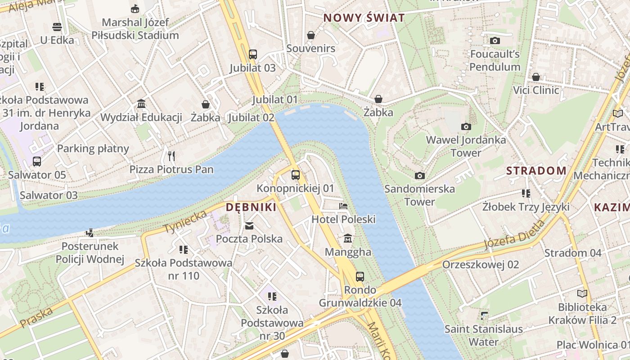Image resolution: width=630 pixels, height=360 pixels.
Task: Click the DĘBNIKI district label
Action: click(251, 207)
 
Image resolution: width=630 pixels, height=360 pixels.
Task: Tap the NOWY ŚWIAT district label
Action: click(364, 18)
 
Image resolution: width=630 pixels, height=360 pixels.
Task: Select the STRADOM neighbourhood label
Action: click(536, 171)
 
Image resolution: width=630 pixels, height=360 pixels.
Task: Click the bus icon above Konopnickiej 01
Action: click(295, 175)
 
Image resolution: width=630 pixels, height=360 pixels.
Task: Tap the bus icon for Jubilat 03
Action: click(252, 54)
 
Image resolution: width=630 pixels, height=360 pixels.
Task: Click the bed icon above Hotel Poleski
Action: click(343, 206)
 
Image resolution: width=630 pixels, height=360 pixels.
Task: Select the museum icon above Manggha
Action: click(347, 238)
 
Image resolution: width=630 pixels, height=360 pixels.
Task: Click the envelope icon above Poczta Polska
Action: click(249, 225)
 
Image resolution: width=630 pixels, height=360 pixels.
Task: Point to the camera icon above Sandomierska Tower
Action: click(419, 175)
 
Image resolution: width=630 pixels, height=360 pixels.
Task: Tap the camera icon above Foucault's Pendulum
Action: click(495, 41)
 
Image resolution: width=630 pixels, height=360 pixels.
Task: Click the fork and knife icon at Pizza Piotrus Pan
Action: click(171, 156)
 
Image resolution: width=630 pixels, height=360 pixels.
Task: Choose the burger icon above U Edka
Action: click(57, 27)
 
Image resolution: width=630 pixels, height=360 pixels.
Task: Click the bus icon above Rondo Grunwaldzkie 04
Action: click(360, 276)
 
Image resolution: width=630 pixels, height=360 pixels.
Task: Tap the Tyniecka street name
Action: click(185, 221)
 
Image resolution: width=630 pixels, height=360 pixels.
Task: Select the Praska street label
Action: click(36, 318)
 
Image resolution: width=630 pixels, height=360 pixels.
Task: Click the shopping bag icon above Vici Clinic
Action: click(535, 77)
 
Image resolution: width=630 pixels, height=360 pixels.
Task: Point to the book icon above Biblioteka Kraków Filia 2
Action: click(582, 294)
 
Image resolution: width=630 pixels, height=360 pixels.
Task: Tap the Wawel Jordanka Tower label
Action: click(466, 146)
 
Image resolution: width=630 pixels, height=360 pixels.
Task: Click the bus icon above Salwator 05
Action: click(37, 161)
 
